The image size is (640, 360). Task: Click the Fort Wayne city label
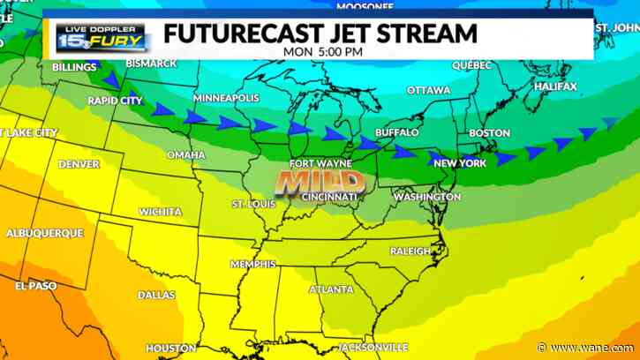click(x=320, y=163)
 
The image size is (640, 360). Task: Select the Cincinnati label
click(x=329, y=196)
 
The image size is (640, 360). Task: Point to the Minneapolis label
click(x=226, y=97)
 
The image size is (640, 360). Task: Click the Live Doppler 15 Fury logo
click(x=102, y=36)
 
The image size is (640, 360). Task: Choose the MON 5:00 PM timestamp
click(x=324, y=52)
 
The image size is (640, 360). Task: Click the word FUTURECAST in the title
click(x=232, y=34)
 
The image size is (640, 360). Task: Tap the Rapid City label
click(x=116, y=101)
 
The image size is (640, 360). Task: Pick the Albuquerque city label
click(x=45, y=233)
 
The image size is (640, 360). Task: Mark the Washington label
click(x=427, y=197)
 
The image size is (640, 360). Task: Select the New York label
click(x=460, y=163)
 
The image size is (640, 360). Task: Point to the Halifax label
click(x=554, y=86)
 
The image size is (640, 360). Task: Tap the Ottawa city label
click(x=428, y=91)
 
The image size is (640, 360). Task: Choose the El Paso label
click(x=35, y=286)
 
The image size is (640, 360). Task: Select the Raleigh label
click(x=410, y=251)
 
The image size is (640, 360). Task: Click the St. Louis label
click(x=252, y=204)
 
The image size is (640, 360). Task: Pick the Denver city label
click(x=79, y=164)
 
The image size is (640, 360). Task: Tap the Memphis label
click(x=253, y=264)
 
